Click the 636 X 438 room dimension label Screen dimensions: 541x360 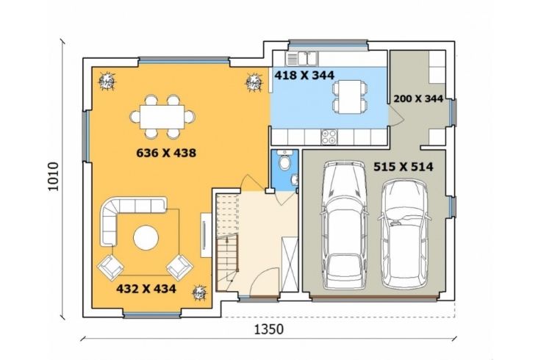click(166, 152)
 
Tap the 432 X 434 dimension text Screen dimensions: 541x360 click(146, 289)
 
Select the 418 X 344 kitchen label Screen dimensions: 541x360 click(304, 75)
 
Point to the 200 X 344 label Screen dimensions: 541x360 click(418, 98)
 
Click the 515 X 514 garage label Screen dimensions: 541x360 click(404, 167)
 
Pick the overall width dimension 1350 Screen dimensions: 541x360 click(269, 329)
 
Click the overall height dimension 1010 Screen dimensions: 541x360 click(54, 176)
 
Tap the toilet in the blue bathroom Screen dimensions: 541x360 click(285, 161)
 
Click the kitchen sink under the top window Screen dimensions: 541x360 click(301, 59)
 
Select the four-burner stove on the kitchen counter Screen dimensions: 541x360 click(329, 137)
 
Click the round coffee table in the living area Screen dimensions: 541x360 click(146, 237)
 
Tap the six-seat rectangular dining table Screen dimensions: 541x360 click(162, 117)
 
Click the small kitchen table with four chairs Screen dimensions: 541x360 click(348, 97)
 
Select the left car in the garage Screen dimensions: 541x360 click(343, 225)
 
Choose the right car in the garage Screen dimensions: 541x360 click(404, 234)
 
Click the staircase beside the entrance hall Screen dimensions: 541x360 click(228, 242)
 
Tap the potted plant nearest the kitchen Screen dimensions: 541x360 click(254, 82)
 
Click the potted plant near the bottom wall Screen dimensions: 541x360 click(199, 292)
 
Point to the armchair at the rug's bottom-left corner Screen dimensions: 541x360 click(110, 267)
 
